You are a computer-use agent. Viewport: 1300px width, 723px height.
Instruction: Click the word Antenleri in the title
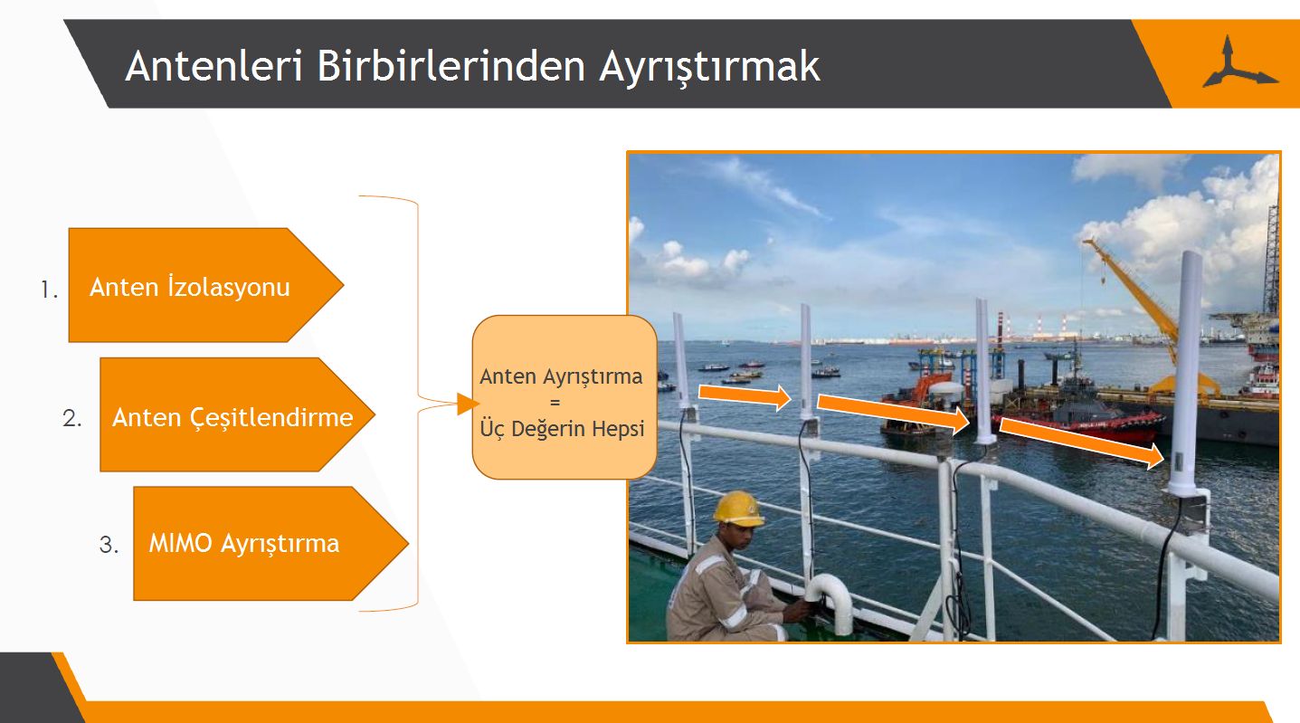click(214, 65)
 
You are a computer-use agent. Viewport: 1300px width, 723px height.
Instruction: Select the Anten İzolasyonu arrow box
click(206, 285)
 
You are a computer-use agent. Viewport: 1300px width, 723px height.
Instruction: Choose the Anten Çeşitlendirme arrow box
click(237, 414)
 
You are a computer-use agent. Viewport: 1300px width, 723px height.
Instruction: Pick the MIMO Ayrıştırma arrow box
click(271, 544)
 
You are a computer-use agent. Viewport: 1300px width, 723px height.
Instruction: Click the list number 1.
click(50, 290)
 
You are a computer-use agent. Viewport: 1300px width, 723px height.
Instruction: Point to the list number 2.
click(72, 418)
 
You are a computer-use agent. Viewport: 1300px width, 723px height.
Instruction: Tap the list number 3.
click(109, 545)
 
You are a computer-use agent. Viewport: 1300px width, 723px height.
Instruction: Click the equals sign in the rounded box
click(555, 402)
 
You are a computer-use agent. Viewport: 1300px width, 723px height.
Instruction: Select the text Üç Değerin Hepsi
click(562, 428)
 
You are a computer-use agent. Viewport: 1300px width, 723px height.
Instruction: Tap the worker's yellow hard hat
click(738, 509)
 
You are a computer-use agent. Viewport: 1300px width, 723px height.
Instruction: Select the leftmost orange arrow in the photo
click(745, 396)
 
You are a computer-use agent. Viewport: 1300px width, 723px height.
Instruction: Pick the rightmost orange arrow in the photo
click(1082, 442)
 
